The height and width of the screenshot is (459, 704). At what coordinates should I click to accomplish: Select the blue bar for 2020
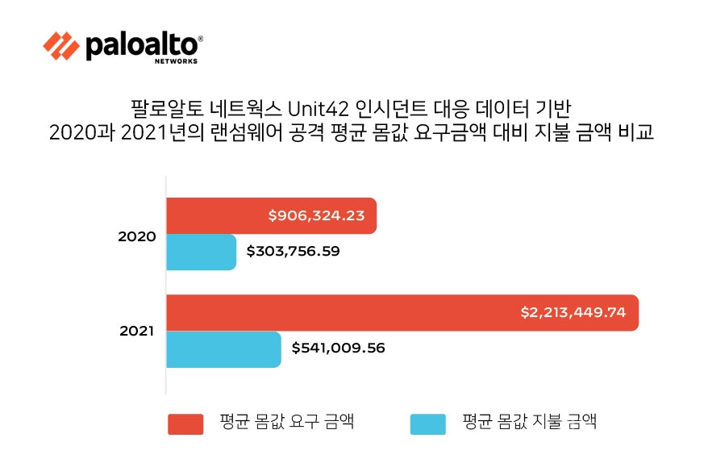tap(201, 252)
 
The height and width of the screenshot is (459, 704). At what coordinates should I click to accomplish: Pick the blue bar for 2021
tap(223, 348)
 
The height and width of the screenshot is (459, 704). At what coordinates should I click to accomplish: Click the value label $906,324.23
tap(317, 215)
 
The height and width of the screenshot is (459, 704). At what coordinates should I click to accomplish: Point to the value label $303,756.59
tap(293, 252)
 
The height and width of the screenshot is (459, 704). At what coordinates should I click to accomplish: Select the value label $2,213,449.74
tap(573, 312)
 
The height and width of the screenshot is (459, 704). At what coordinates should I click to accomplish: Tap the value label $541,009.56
tap(338, 348)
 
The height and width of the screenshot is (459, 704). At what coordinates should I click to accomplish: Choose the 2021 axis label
tap(136, 331)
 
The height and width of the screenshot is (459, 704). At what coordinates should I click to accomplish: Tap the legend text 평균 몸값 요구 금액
tap(286, 422)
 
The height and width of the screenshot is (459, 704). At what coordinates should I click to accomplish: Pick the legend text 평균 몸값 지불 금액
tap(529, 422)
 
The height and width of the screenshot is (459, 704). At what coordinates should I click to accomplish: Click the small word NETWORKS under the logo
tap(176, 61)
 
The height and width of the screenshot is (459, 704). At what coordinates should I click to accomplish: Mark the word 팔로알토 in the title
tap(157, 108)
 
